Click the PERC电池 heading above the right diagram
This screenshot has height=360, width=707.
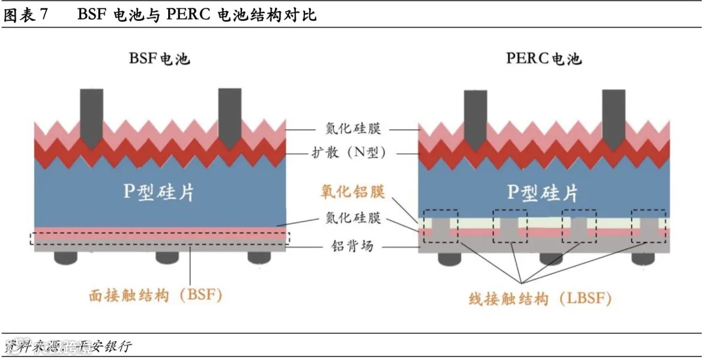pos(543,58)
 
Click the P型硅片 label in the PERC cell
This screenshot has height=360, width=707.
pos(543,192)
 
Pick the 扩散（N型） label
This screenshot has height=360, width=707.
pos(352,153)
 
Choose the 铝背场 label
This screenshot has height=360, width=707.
pos(352,247)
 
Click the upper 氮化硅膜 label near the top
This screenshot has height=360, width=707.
pos(352,129)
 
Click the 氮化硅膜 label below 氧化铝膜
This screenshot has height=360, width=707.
pos(352,219)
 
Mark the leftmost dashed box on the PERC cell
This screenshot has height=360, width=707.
pos(441,226)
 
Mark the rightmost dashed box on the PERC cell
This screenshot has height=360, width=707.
pos(648,226)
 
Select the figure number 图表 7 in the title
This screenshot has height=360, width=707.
pos(26,15)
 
